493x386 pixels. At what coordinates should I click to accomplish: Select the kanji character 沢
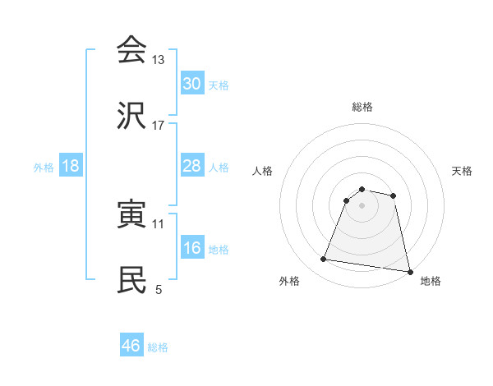(131, 117)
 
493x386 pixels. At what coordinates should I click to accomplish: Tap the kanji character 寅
(131, 214)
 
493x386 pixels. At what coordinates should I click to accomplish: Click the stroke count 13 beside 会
(159, 60)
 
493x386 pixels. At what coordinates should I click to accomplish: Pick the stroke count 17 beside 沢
(159, 126)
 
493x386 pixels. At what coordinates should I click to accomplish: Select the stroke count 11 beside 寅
(159, 223)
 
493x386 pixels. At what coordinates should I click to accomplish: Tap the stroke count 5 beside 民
(159, 289)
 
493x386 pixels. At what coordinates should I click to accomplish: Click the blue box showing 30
(191, 84)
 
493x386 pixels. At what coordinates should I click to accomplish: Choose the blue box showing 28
(191, 166)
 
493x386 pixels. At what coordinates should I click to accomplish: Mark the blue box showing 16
(191, 248)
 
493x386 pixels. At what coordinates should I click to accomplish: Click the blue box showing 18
(71, 166)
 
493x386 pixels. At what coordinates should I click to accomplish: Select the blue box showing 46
(131, 346)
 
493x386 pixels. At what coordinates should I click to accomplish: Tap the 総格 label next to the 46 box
(158, 347)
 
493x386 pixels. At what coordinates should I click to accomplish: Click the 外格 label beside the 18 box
(44, 167)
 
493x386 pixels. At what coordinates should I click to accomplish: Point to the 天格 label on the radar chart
(462, 171)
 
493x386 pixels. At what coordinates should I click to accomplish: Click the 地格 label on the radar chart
(431, 281)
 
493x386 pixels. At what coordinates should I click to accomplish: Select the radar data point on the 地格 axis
(408, 271)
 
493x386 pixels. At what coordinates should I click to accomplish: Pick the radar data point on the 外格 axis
(324, 260)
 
